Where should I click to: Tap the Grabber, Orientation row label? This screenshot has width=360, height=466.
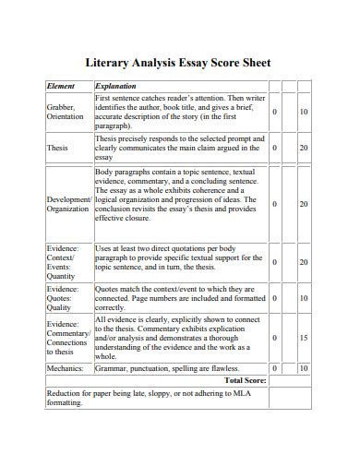pos(65,113)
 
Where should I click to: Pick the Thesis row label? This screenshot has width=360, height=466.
pos(57,148)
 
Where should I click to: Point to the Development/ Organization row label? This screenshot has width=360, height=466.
pos(68,204)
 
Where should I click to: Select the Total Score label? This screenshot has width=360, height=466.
pos(246,379)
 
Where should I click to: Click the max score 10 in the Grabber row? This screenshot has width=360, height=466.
pos(304,113)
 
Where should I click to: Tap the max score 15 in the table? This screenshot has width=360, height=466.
pos(304,339)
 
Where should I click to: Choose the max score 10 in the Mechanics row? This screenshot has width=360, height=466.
pos(304,367)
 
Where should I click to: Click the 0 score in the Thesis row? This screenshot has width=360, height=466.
pos(275,148)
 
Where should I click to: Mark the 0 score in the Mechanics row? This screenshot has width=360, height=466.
pos(275,367)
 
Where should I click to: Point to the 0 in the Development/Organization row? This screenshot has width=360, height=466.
pos(275,204)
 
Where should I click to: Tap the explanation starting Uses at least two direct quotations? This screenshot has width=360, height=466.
pos(180,262)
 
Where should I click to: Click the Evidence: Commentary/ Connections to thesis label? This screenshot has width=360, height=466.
pos(67,338)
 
